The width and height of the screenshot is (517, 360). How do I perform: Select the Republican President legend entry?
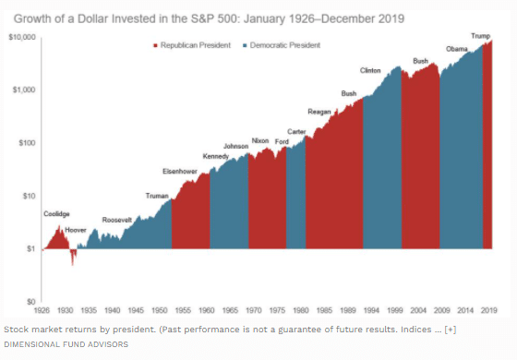click(187, 45)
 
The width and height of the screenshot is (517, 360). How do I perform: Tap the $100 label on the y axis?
click(26, 143)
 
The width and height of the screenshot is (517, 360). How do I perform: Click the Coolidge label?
click(56, 213)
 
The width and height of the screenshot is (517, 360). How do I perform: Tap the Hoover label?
click(76, 227)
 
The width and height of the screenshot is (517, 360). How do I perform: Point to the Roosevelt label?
click(116, 220)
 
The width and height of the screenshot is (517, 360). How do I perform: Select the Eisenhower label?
click(179, 172)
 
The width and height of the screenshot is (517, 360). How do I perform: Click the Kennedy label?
click(215, 156)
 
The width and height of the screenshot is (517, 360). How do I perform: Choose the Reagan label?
click(319, 111)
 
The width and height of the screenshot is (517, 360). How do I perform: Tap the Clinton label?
click(371, 70)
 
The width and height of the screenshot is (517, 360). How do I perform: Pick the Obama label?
click(456, 48)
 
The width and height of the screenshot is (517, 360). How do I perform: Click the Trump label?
click(481, 35)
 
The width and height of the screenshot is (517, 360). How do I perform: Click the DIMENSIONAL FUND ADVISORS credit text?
click(66, 343)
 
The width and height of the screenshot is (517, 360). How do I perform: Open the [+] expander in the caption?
click(450, 330)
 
